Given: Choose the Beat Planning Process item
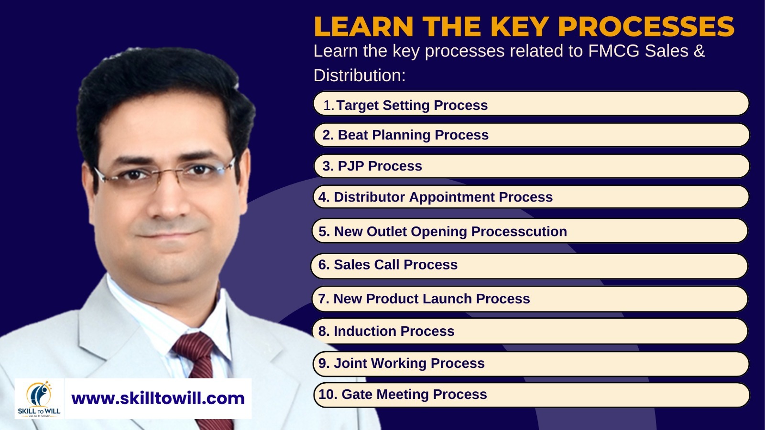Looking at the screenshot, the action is pyautogui.click(x=532, y=135).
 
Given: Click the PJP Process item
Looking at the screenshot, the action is pyautogui.click(x=532, y=166).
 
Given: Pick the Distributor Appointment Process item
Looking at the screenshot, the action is pyautogui.click(x=531, y=197).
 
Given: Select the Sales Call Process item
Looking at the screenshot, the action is pyautogui.click(x=529, y=266).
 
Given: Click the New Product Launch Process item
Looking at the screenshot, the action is pyautogui.click(x=530, y=299).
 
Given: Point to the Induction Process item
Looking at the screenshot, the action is pyautogui.click(x=530, y=331).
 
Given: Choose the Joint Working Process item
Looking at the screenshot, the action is pyautogui.click(x=531, y=364).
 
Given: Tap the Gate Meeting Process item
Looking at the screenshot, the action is pyautogui.click(x=532, y=395).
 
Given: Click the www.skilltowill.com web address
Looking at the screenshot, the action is pyautogui.click(x=158, y=398).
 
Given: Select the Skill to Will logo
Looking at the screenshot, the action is pyautogui.click(x=39, y=398).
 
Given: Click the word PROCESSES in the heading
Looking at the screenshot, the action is pyautogui.click(x=646, y=27).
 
